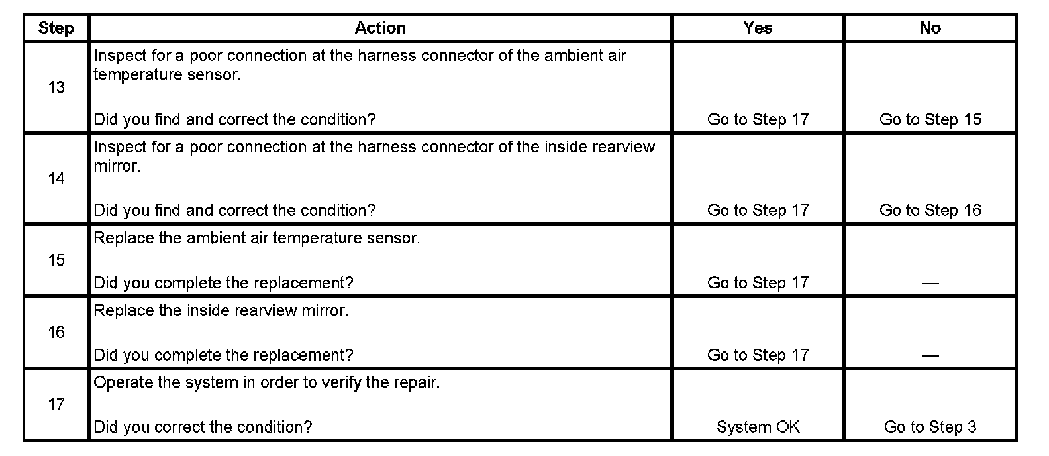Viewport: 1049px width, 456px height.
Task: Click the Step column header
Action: [56, 28]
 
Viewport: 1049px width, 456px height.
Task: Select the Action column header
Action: [379, 28]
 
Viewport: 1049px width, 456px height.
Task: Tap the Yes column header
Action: [758, 28]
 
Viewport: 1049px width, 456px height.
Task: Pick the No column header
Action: [930, 28]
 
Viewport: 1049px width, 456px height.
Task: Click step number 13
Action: [56, 87]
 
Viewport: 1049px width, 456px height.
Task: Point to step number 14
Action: [56, 178]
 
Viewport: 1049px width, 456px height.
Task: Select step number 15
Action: [56, 260]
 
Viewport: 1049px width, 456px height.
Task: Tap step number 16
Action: [56, 332]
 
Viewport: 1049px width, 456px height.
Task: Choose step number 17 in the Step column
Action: [56, 404]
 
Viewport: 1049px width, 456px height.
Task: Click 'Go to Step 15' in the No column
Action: [930, 119]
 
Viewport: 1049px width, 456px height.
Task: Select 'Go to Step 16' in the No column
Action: [930, 210]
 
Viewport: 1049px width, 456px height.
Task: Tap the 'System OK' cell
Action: [758, 427]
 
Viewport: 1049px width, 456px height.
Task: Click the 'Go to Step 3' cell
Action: [930, 427]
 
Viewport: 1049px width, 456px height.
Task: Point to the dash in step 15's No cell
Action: [930, 283]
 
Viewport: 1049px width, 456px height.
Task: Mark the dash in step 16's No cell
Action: [930, 355]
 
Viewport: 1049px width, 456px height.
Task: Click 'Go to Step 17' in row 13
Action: [758, 119]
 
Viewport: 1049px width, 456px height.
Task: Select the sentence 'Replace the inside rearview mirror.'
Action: [221, 310]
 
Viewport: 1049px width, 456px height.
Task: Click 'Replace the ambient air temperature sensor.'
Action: [256, 238]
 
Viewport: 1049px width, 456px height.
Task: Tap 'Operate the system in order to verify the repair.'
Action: [266, 382]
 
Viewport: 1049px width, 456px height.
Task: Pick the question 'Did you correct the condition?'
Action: [203, 427]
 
